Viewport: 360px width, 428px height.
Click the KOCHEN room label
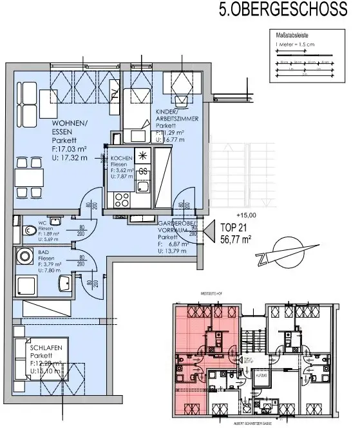click(122, 159)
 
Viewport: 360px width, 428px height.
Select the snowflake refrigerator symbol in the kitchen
click(143, 157)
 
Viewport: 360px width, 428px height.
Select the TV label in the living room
click(102, 156)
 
